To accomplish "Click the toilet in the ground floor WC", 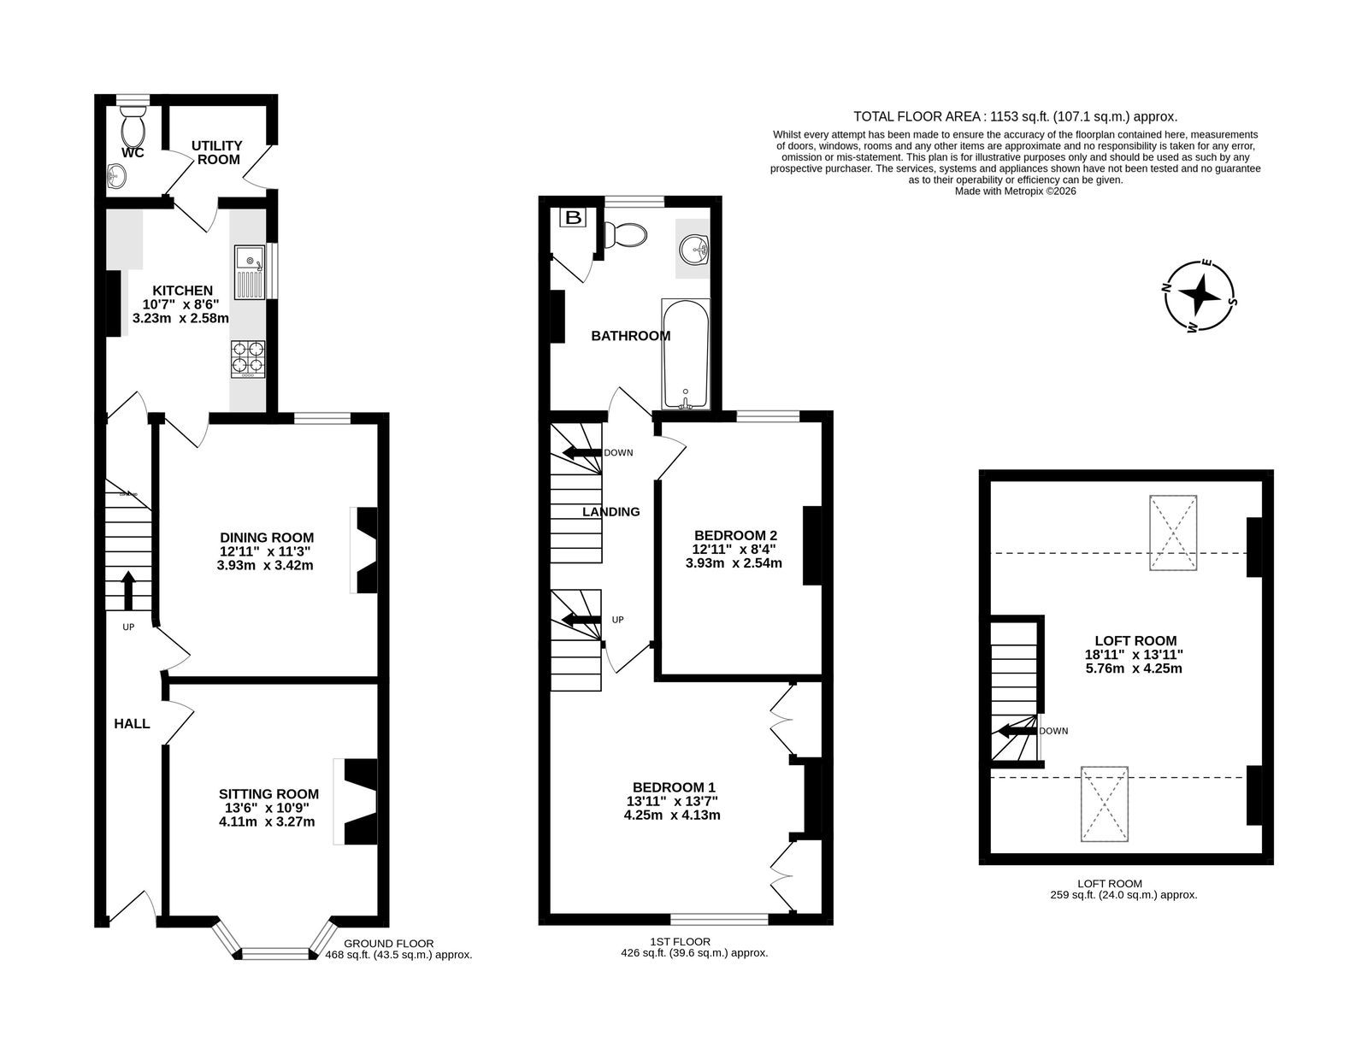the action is (133, 127).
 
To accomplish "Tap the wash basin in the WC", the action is (116, 175).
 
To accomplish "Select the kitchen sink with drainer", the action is (250, 272).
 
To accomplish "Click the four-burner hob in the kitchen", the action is (248, 359).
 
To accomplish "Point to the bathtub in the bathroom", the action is (686, 354).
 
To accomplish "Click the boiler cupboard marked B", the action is (573, 218).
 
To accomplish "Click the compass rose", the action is (1198, 296).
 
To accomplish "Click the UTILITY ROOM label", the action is (217, 152).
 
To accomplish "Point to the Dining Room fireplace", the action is (364, 550).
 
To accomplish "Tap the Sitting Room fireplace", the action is (357, 802).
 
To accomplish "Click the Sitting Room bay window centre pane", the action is (275, 954).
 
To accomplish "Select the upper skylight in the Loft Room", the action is (1173, 533).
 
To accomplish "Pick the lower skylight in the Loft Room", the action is (1104, 804).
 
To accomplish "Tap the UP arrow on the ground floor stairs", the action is (128, 590).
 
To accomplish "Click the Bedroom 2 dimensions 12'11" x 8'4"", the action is (734, 549).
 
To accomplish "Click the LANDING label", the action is (610, 511).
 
